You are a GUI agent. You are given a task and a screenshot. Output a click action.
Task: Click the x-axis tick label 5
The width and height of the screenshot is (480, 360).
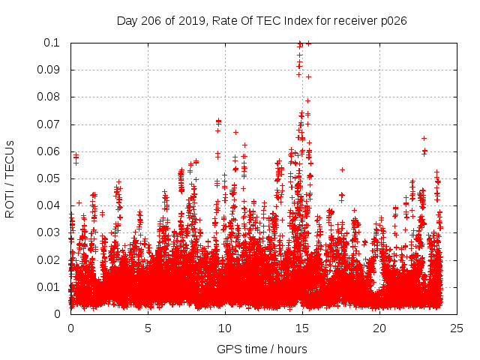pyautogui.click(x=148, y=328)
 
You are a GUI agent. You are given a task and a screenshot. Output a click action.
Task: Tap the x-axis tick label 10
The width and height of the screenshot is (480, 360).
pyautogui.click(x=225, y=328)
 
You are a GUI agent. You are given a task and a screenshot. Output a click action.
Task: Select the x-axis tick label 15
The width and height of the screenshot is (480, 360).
pyautogui.click(x=302, y=328)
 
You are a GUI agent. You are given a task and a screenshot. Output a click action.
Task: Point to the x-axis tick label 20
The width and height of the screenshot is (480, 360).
pyautogui.click(x=379, y=328)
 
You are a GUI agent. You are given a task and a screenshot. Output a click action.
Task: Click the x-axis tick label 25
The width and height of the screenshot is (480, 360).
pyautogui.click(x=457, y=328)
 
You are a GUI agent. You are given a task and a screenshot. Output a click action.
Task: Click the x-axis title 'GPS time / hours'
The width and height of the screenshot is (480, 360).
pyautogui.click(x=263, y=349)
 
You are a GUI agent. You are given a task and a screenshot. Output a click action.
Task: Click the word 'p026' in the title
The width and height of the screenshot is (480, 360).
pyautogui.click(x=392, y=20)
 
